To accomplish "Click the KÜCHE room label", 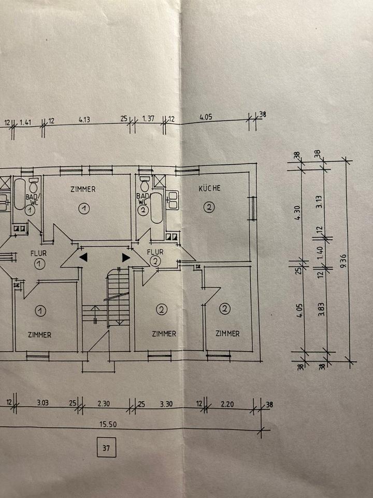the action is pos(209,188).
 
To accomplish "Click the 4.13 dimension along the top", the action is pos(85,120).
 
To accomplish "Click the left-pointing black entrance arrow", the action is pos(83,257).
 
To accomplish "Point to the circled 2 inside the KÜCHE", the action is pos(209,208).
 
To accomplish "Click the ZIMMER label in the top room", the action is pos(83,189).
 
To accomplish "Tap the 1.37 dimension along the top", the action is pos(148,119).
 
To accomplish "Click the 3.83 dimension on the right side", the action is pos(321,311).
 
